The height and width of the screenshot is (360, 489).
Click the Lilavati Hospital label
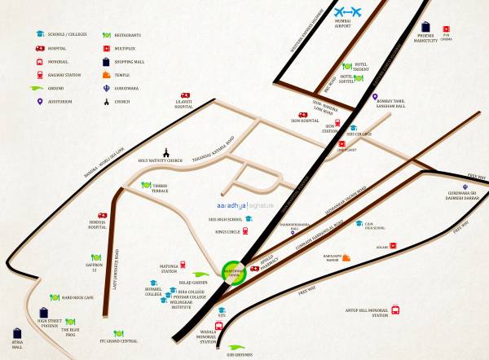(183, 105)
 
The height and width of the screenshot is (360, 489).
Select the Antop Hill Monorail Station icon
(395, 310)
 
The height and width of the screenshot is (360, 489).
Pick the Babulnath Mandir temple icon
(346, 259)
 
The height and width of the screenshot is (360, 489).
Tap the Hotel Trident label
(363, 65)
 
